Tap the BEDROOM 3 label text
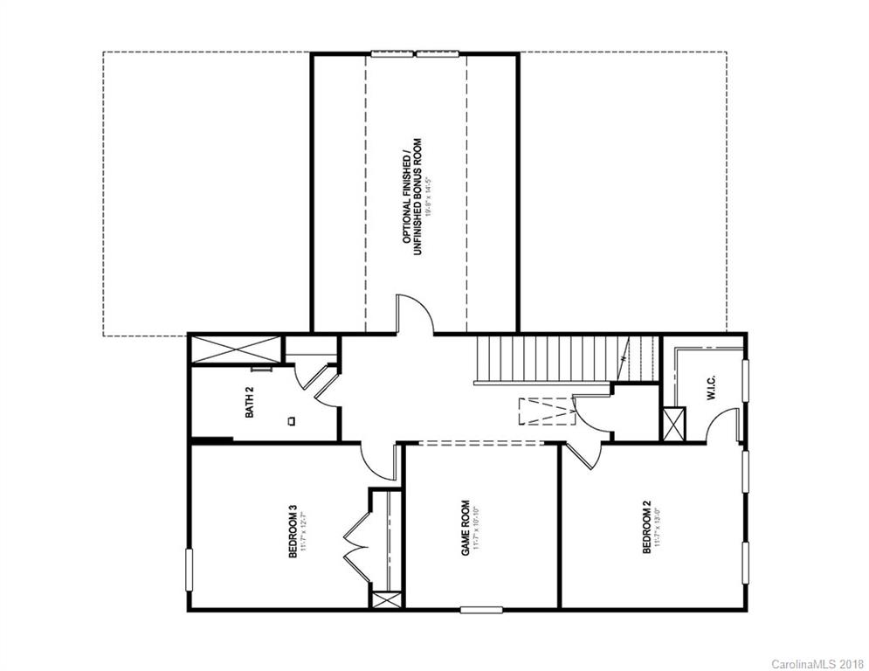coord(294,528)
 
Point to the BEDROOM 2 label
coord(647,528)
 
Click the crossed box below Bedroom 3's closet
coord(385,602)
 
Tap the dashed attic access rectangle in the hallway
coord(543,411)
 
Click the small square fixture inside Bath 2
coord(292,420)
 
